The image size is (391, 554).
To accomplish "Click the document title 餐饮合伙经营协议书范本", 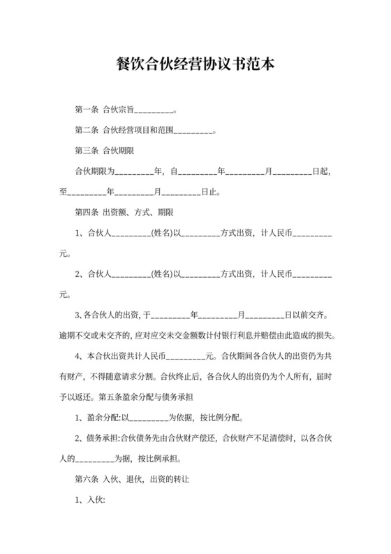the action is click(195, 66).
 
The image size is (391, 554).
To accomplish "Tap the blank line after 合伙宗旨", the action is click(152, 111).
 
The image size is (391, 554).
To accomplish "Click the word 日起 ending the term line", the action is click(320, 171).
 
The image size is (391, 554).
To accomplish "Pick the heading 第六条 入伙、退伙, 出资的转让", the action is click(133, 480).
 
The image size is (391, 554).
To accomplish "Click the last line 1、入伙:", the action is click(89, 500).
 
